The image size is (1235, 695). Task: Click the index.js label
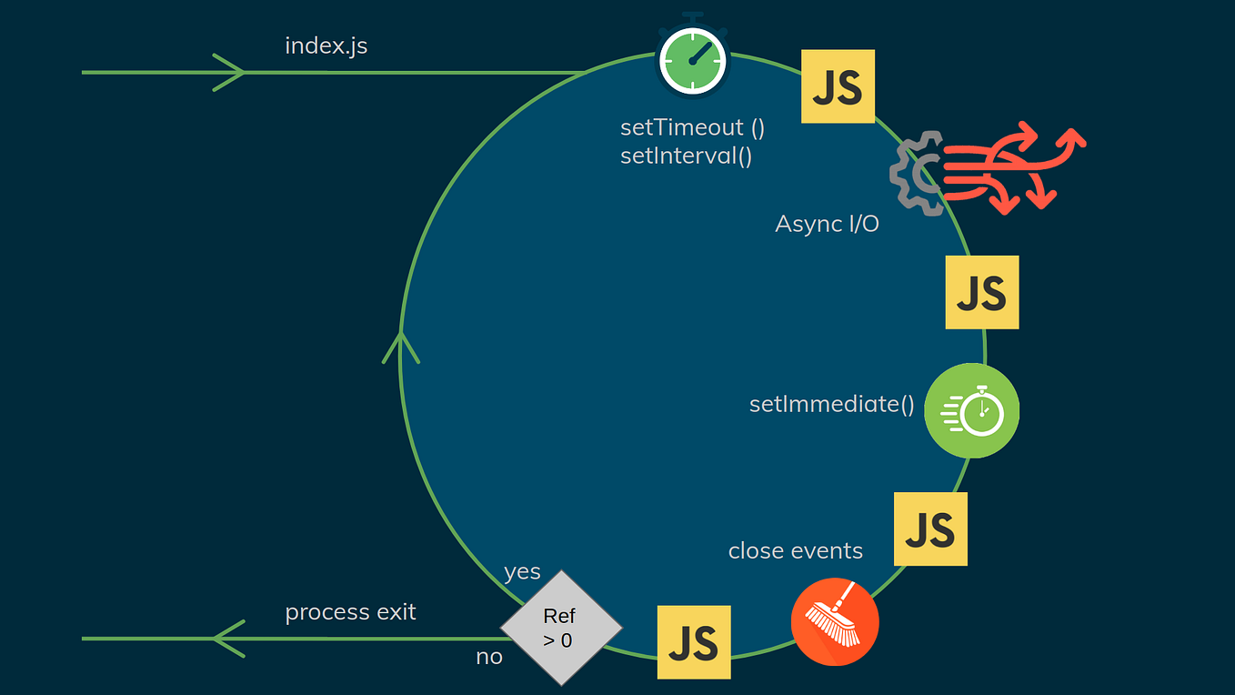326,45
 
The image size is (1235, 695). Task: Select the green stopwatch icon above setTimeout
692,59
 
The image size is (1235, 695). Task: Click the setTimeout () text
692,127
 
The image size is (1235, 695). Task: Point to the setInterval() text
686,156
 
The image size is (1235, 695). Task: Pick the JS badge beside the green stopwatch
837,86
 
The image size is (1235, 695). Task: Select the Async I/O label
827,224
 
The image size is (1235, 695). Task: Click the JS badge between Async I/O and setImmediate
981,292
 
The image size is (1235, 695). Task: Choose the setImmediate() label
831,404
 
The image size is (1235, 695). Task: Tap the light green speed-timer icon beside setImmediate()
971,410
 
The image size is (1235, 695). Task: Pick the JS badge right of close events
930,529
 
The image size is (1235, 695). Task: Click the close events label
795,551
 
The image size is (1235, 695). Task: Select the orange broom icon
835,621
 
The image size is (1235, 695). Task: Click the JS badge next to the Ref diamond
694,642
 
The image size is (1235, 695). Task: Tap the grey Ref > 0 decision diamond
560,628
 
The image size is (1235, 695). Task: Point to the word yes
522,572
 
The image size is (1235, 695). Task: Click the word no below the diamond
489,657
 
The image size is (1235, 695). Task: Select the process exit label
350,612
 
